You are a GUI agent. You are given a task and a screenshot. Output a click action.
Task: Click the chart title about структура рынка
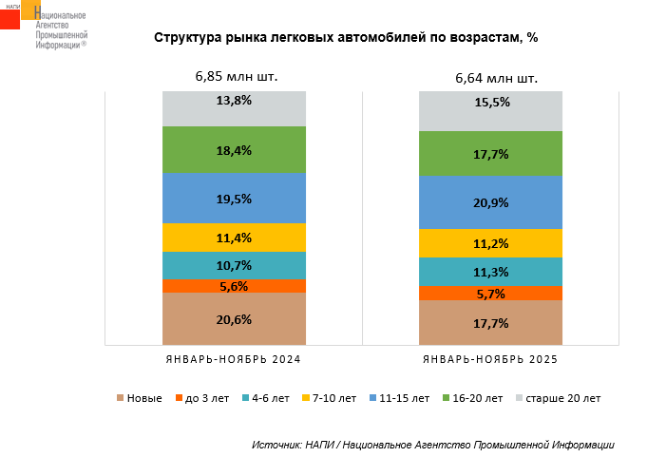(x=346, y=38)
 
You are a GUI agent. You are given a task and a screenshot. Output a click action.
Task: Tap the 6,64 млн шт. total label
(x=496, y=78)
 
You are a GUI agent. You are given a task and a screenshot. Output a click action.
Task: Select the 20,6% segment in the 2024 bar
(x=234, y=318)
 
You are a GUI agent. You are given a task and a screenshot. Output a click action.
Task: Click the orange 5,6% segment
(x=234, y=285)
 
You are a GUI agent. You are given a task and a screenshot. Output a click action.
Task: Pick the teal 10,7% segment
(x=234, y=265)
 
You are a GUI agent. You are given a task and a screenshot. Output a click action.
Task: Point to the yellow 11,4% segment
(x=234, y=238)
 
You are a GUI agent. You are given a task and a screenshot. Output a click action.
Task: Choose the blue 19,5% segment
(x=234, y=198)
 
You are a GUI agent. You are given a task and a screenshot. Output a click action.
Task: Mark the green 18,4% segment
(x=234, y=149)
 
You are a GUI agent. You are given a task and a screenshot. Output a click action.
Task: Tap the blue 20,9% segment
(x=491, y=202)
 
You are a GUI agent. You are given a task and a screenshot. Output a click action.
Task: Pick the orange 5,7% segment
(x=491, y=293)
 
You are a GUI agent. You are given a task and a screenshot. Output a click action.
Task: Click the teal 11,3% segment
(x=491, y=272)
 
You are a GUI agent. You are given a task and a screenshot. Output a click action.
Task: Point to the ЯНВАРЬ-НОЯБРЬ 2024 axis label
(x=234, y=360)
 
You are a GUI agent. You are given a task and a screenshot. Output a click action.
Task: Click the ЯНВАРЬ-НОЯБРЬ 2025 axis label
(x=490, y=360)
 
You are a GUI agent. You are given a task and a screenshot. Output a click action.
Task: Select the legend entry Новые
(x=139, y=398)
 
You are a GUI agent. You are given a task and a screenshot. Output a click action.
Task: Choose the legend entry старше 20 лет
(x=558, y=398)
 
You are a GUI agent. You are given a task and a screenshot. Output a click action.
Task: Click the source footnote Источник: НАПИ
(x=433, y=444)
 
